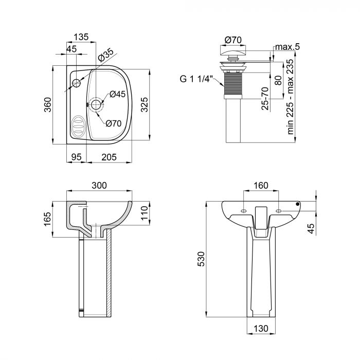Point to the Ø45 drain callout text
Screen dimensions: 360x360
[118, 94]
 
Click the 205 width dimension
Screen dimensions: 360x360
[109, 158]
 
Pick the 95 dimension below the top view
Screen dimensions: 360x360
[77, 158]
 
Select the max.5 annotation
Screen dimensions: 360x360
[287, 47]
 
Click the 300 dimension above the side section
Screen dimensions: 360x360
[99, 185]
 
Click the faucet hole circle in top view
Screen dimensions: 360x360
[77, 83]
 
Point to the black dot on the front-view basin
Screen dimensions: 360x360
[297, 204]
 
